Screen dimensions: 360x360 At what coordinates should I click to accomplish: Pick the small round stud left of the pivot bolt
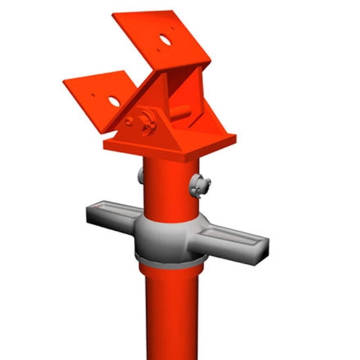pyautogui.click(x=129, y=120)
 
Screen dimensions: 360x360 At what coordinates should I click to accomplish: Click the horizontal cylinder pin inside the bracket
pyautogui.click(x=182, y=113)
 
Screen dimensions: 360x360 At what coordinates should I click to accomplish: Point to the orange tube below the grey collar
pyautogui.click(x=170, y=312)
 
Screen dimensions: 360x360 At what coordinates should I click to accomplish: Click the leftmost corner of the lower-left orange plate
pyautogui.click(x=64, y=81)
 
